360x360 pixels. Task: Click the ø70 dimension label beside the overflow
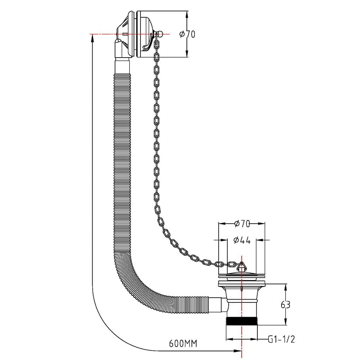(x=187, y=34)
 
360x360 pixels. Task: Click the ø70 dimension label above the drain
(x=242, y=224)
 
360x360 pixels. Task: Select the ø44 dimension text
(x=242, y=240)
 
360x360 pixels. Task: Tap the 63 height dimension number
(x=285, y=305)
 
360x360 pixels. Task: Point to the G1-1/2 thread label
(x=281, y=339)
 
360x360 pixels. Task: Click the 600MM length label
(x=183, y=343)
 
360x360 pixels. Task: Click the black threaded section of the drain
(x=242, y=321)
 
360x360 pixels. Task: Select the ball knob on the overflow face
(x=160, y=34)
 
